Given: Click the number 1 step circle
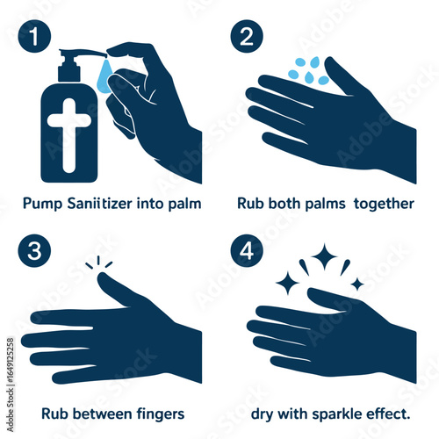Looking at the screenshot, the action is pyautogui.click(x=34, y=36).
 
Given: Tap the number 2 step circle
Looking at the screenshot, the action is pyautogui.click(x=247, y=36).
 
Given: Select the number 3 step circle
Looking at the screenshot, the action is pyautogui.click(x=34, y=250).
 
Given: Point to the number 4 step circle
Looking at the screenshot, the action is pyautogui.click(x=247, y=250).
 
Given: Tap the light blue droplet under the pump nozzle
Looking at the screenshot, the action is pyautogui.click(x=104, y=76).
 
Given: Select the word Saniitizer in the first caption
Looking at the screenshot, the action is pyautogui.click(x=100, y=203).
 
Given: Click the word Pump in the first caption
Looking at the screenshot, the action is pyautogui.click(x=42, y=204).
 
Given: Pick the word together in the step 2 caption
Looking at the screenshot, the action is pyautogui.click(x=384, y=204).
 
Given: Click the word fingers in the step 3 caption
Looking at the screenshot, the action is pyautogui.click(x=161, y=414).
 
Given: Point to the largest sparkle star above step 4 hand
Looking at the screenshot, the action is pyautogui.click(x=324, y=256).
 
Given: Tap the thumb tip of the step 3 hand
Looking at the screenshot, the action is pyautogui.click(x=102, y=277).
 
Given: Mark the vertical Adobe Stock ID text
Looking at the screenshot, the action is pyautogui.click(x=11, y=385).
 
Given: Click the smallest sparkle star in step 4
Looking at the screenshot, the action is pyautogui.click(x=357, y=284).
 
